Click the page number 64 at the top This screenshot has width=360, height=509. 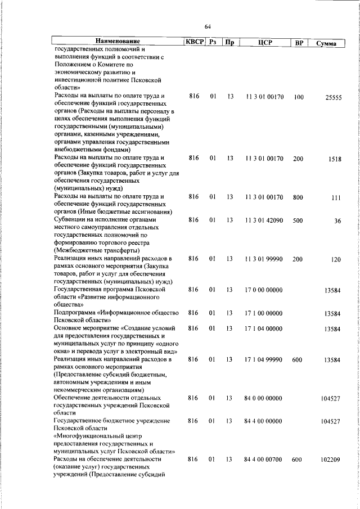(x=208, y=26)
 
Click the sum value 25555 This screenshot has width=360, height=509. (x=333, y=97)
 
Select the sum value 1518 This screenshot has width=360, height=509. (x=335, y=159)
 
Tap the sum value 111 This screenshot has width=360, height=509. (x=336, y=197)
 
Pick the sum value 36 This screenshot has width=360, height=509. (x=337, y=220)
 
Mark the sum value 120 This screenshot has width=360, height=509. (x=336, y=259)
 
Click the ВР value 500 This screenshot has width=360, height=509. (x=298, y=220)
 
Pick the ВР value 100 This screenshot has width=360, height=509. (x=298, y=97)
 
